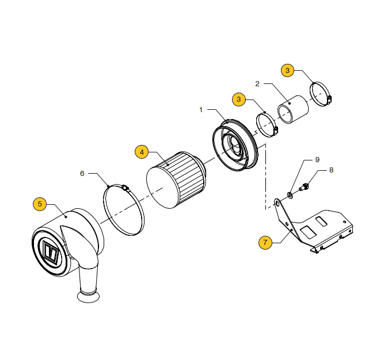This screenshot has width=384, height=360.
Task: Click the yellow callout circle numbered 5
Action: pos(40,204)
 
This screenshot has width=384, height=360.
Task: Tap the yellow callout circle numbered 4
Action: pos(142,152)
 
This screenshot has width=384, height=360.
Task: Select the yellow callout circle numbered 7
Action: pos(265,243)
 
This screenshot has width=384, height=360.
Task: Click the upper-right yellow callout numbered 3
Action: pos(287,70)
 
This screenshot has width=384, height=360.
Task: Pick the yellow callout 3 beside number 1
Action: pos(239,99)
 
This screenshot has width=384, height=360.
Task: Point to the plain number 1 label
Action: pos(201,110)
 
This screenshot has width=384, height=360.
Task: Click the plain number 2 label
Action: pos(257,84)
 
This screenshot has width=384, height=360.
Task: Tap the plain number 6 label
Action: pos(82,174)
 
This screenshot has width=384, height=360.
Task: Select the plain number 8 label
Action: pos(332,170)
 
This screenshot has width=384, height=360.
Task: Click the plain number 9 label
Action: pos(317,160)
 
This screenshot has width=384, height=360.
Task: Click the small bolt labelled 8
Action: pos(304,187)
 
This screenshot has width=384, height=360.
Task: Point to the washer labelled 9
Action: pos(290,196)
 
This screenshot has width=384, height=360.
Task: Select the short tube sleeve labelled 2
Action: pos(293,110)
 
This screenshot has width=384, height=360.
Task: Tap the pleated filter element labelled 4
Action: pos(176,180)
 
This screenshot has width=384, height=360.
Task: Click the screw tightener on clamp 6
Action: pos(126,188)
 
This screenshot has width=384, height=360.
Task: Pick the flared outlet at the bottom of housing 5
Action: pos(89,296)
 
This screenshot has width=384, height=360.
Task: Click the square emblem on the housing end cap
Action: pos(51,252)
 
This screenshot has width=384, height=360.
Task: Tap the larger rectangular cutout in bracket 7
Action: pos(309,232)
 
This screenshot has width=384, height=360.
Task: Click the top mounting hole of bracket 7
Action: pos(277,204)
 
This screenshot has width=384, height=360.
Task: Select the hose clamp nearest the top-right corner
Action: pos(320,94)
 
